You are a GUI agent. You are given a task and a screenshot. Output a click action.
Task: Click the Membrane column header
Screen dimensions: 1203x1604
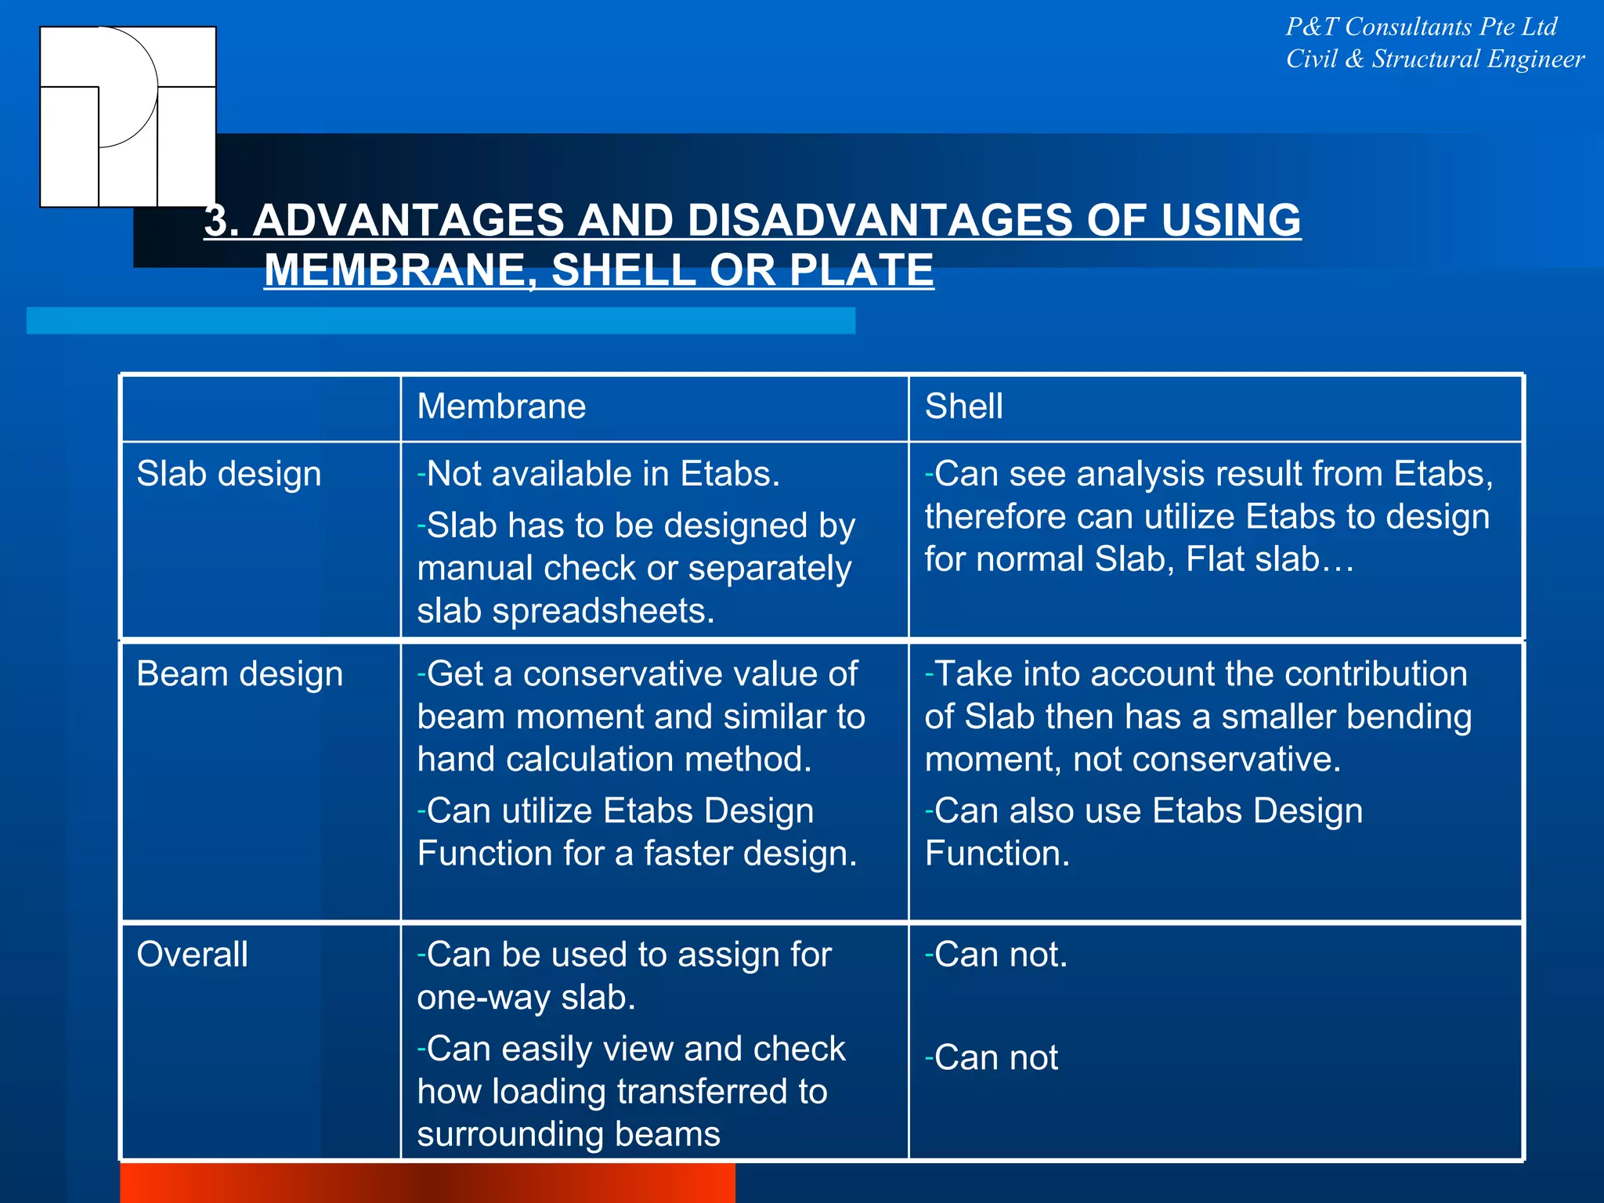[501, 406]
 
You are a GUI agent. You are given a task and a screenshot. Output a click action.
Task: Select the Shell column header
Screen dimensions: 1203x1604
[963, 406]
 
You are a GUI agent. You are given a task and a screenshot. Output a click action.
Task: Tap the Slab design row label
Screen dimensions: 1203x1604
[229, 474]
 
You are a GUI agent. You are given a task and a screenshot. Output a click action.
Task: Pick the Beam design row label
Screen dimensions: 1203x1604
[240, 674]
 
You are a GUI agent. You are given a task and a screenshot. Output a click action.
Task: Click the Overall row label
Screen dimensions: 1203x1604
[192, 955]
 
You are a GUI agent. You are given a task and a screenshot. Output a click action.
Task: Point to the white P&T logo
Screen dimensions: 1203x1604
[128, 117]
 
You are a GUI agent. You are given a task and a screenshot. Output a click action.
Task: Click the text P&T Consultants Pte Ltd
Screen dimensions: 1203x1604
[1421, 27]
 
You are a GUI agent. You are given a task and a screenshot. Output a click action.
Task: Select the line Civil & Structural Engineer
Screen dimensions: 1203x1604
[1435, 59]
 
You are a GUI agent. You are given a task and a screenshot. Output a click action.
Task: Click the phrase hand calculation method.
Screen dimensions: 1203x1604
[614, 759]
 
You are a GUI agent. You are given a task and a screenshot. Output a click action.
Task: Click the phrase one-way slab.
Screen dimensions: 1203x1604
[526, 998]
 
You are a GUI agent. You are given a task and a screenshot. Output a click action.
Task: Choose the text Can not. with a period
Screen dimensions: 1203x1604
[999, 955]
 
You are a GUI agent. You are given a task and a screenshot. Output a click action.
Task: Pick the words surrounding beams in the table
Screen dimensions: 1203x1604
[568, 1134]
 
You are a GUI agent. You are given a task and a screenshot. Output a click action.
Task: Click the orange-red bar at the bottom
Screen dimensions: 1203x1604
[427, 1183]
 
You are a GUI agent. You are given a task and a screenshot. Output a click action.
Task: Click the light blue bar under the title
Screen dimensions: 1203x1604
[440, 320]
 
